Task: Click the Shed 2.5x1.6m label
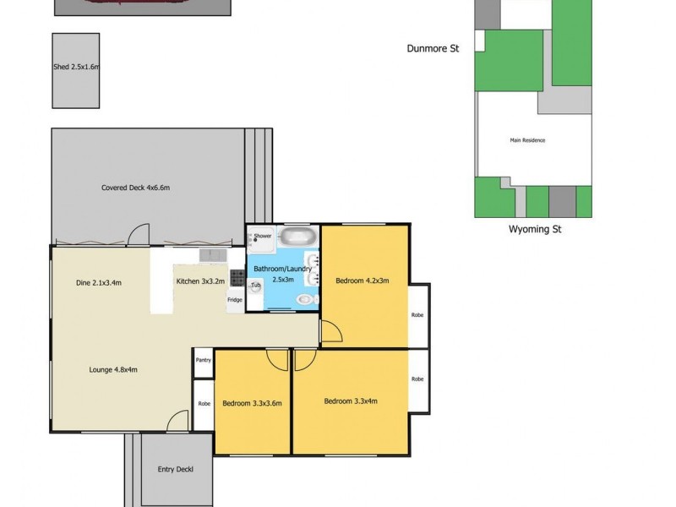point(76,67)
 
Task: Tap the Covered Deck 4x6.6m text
point(142,188)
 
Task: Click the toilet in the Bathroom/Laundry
point(305,299)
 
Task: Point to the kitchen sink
point(211,254)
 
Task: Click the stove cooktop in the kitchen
point(237,276)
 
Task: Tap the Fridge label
point(234,300)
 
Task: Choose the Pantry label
point(203,360)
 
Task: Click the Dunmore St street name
point(433,49)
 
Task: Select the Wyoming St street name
point(534,229)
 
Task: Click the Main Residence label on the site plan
point(527,140)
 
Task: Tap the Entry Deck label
point(176,470)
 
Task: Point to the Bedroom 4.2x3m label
point(362,281)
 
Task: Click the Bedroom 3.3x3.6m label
point(252,403)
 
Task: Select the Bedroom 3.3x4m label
point(351,401)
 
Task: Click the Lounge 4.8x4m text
point(113,368)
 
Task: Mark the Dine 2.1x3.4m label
point(99,282)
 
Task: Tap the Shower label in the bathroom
point(263,236)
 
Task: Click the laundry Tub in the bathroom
point(255,286)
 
